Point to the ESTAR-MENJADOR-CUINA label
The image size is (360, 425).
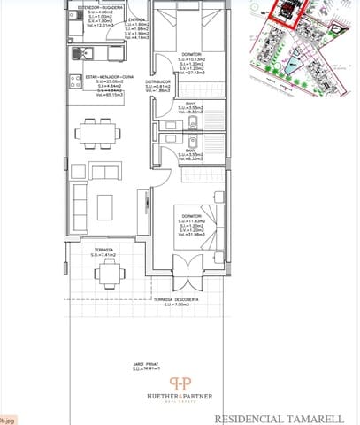(97, 77)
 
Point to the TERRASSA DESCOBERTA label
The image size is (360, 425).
(174, 299)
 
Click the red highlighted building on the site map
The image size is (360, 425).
(285, 12)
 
